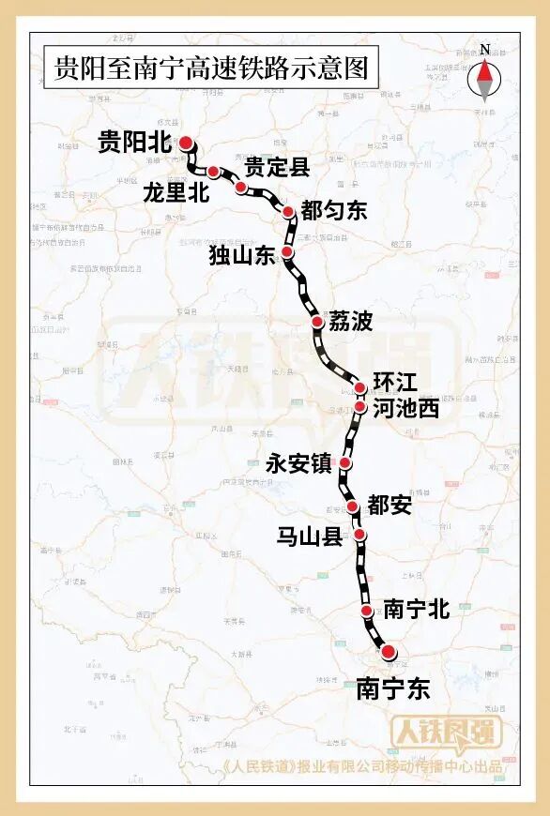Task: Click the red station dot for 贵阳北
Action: pyautogui.click(x=186, y=143)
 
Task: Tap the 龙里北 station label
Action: pyautogui.click(x=176, y=192)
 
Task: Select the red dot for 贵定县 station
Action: pyautogui.click(x=241, y=188)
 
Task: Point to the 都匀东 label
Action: pyautogui.click(x=334, y=211)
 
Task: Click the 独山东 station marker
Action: pyautogui.click(x=288, y=253)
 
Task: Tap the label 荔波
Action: pyautogui.click(x=350, y=322)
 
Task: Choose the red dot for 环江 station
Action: pyautogui.click(x=360, y=387)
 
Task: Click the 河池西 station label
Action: pyautogui.click(x=405, y=409)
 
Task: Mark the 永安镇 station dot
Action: pyautogui.click(x=345, y=462)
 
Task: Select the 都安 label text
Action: pyautogui.click(x=390, y=506)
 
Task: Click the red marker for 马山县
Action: pyautogui.click(x=359, y=536)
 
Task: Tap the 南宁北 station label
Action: pyautogui.click(x=417, y=610)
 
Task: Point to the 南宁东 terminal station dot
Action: pyautogui.click(x=387, y=651)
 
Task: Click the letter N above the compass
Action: pyautogui.click(x=484, y=49)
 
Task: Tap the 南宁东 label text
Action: pyautogui.click(x=392, y=689)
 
